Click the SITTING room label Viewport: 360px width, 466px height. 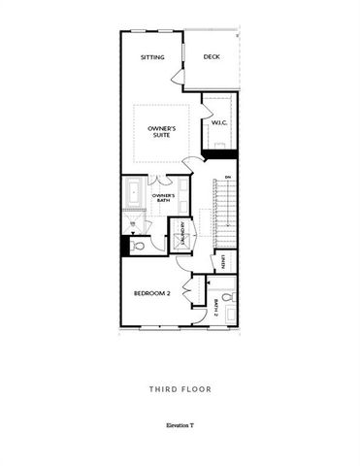click(152, 57)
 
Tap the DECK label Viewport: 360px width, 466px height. click(211, 57)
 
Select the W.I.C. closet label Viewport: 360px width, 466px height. click(219, 122)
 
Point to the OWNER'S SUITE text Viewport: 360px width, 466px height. click(161, 132)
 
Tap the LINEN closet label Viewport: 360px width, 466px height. click(223, 261)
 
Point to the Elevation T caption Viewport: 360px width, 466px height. click(180, 426)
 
